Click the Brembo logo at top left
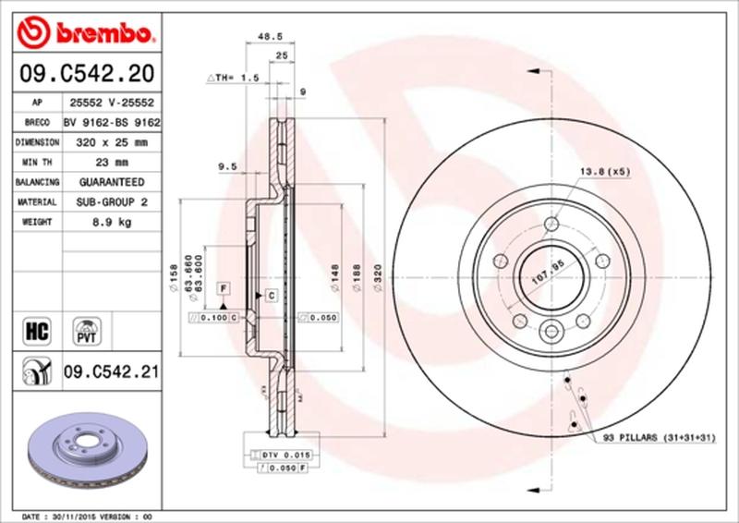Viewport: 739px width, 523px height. point(84,34)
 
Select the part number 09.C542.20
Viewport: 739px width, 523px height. point(84,73)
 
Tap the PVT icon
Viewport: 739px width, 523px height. point(89,329)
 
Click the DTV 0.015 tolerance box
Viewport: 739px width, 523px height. point(284,456)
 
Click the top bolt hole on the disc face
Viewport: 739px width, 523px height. point(551,224)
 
